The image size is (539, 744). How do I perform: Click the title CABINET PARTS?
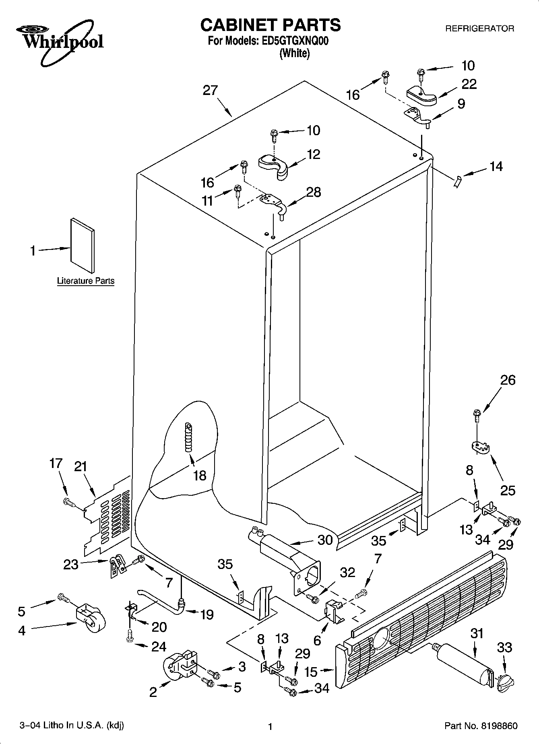(x=270, y=25)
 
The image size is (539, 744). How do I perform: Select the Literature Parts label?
(x=86, y=281)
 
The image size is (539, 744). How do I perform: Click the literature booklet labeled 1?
(x=83, y=245)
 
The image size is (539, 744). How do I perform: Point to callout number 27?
(x=210, y=91)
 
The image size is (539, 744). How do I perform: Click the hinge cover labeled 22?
(x=421, y=96)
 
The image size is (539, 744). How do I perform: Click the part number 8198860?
(x=499, y=725)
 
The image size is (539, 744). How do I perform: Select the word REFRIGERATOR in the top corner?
(x=479, y=29)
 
